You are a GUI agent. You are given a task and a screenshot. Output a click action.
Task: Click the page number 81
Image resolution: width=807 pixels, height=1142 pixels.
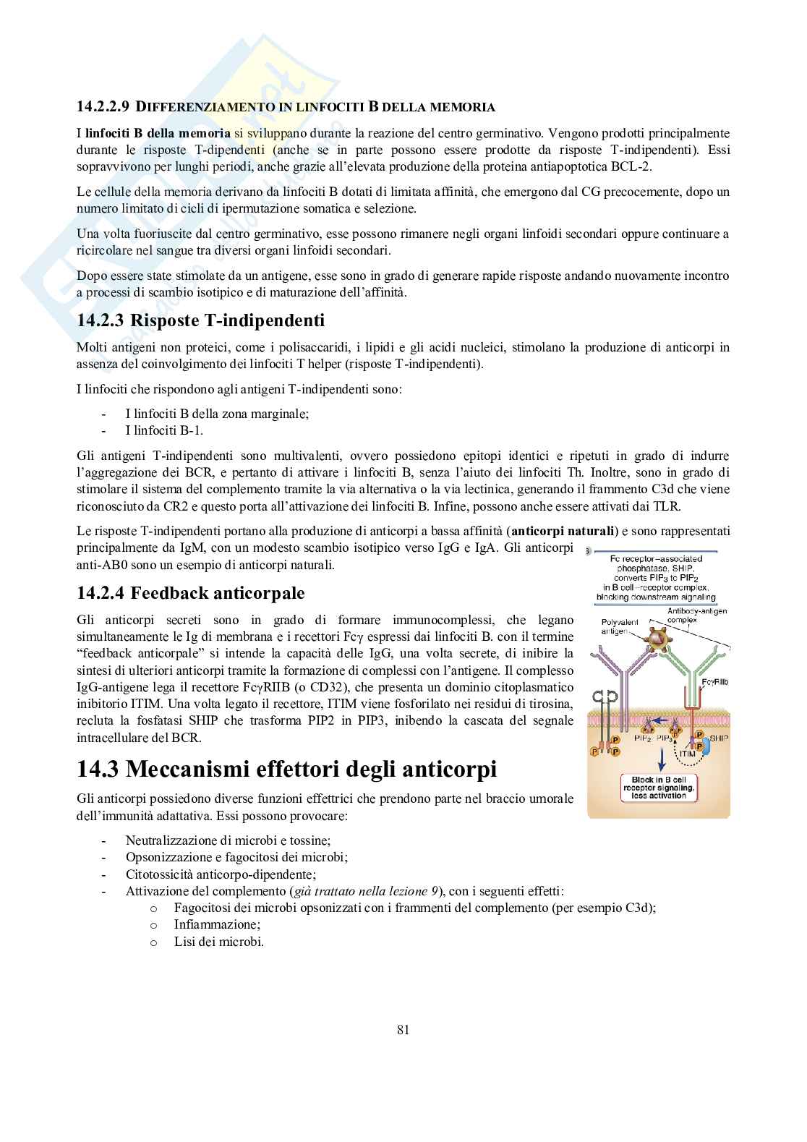pos(403,1030)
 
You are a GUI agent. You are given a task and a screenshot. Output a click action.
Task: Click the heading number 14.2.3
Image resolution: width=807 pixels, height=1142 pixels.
pos(100,320)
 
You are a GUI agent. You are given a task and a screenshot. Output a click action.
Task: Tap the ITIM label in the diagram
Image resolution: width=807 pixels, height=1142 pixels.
pos(687,754)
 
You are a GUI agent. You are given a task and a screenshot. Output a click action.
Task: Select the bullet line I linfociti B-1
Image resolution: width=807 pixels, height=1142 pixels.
pos(163,430)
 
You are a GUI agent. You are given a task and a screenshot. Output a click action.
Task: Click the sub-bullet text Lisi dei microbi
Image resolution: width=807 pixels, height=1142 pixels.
pos(218,942)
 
